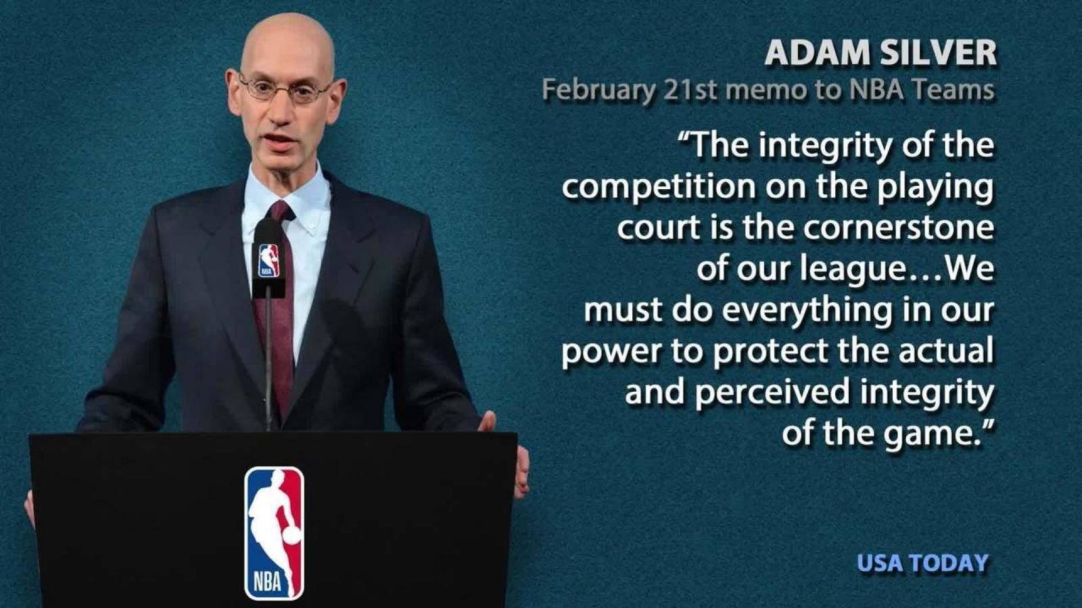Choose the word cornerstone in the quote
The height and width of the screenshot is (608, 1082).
pos(899,228)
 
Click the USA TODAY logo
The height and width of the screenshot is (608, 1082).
pos(922,563)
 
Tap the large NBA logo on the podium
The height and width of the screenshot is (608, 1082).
pos(274,533)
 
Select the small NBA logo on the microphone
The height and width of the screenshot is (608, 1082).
pos(268,260)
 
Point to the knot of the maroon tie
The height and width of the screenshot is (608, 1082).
pos(279,211)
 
